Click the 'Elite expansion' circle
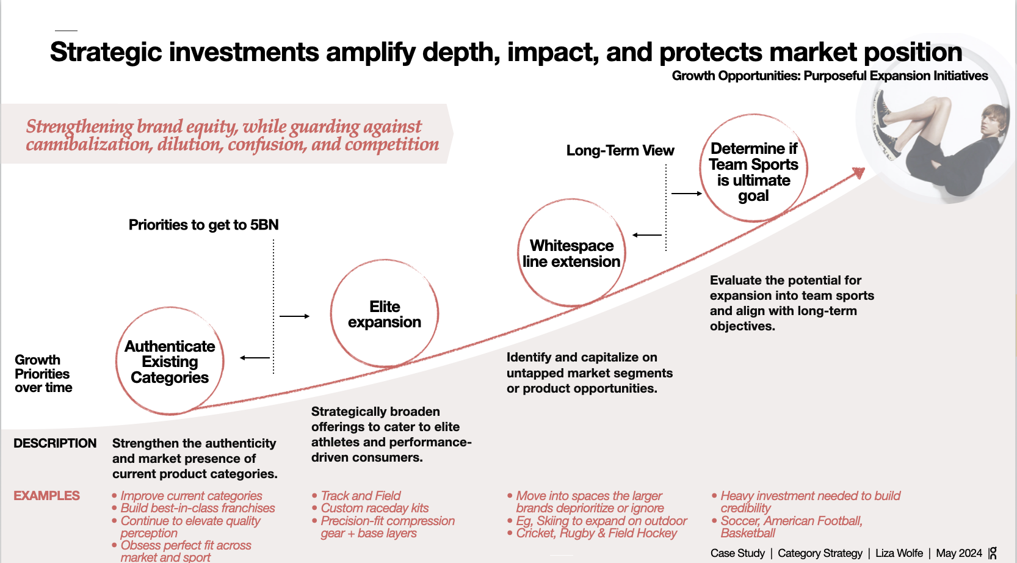[x=385, y=314]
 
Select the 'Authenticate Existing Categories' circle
[x=170, y=361]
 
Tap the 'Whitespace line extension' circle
[x=571, y=253]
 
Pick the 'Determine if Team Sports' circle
[x=753, y=169]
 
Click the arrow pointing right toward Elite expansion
[x=294, y=316]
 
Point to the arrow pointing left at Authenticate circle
[x=255, y=358]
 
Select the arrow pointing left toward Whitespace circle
[x=647, y=235]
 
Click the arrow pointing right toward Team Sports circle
[x=687, y=194]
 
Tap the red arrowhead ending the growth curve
[x=859, y=173]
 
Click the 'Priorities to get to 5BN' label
[x=203, y=225]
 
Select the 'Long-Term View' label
[x=620, y=150]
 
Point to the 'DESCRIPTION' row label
[x=55, y=443]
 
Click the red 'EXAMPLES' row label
[x=47, y=496]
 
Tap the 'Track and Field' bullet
[x=360, y=496]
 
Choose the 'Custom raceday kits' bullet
[x=374, y=508]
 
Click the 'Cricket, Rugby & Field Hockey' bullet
[x=596, y=533]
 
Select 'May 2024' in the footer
[x=958, y=553]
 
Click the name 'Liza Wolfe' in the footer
[x=899, y=553]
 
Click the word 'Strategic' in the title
[x=106, y=53]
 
